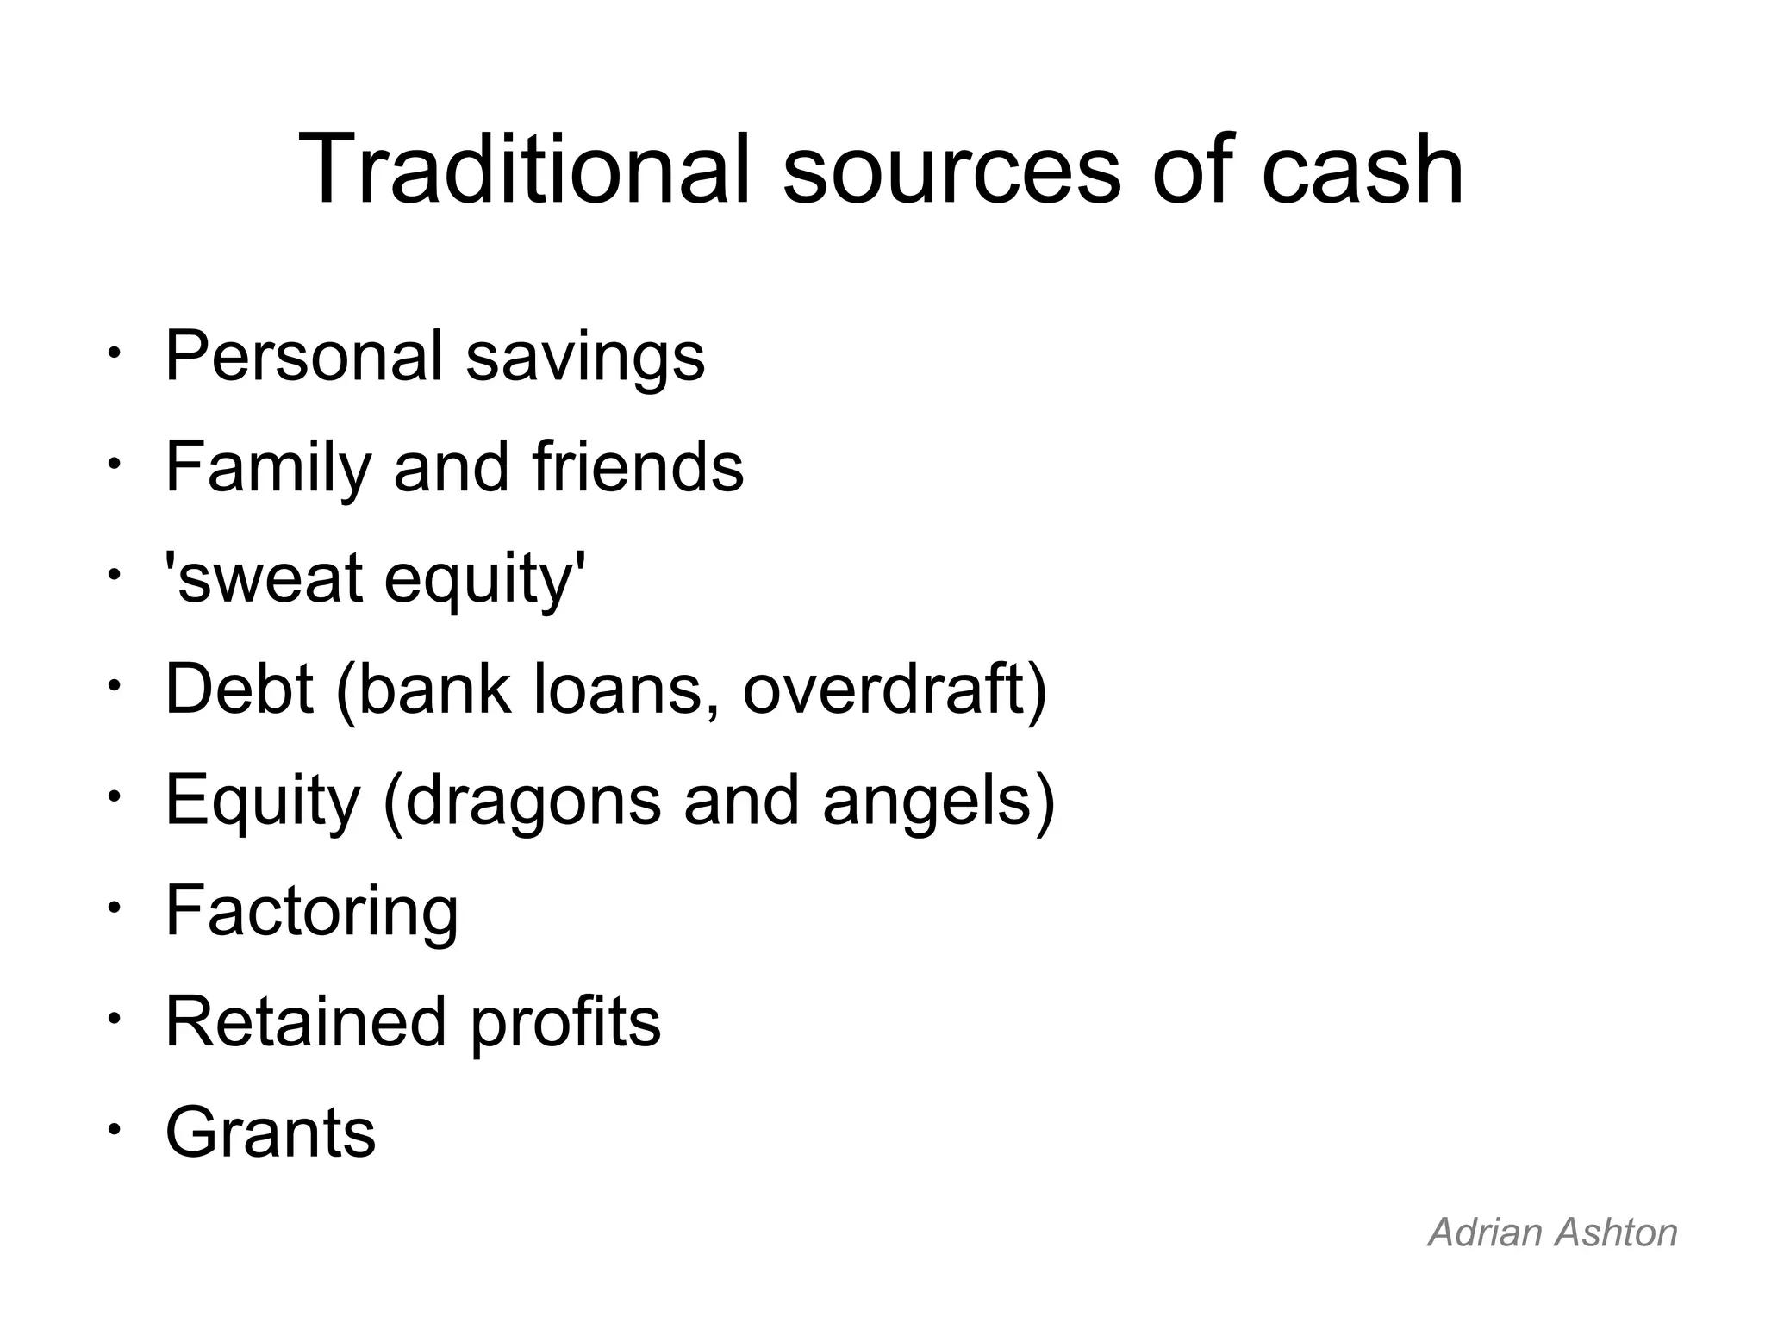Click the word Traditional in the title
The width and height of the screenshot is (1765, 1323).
(x=525, y=170)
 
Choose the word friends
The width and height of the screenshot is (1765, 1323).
(x=638, y=466)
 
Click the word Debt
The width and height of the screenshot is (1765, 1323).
(x=239, y=689)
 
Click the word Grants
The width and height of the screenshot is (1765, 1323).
(x=271, y=1133)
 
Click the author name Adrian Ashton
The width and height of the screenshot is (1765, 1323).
(x=1552, y=1233)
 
